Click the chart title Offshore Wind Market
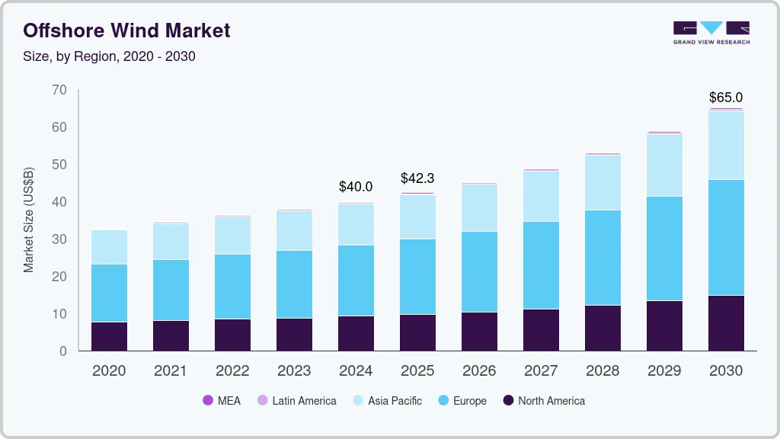126,30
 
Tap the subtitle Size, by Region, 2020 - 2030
110,56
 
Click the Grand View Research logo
711,32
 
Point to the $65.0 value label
725,98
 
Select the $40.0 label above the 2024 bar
356,187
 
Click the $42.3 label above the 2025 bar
417,179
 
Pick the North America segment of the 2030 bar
725,323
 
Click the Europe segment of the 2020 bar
109,293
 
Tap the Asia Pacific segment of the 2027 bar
541,196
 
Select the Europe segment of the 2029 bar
663,248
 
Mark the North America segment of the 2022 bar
232,335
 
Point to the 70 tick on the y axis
59,90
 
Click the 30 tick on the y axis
59,239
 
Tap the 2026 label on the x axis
479,371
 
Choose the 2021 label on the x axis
171,371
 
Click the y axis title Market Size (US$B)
29,219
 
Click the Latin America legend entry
296,401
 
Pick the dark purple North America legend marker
508,401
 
